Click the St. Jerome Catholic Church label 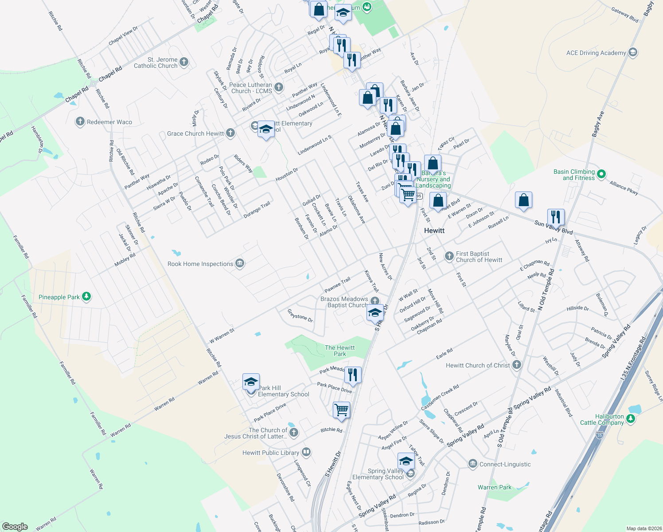156,63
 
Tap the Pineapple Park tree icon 86,297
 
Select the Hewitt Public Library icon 306,452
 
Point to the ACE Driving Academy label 596,53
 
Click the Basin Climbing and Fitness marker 601,174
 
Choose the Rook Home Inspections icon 240,264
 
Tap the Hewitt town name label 434,231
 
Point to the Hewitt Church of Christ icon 516,365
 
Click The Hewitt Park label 339,351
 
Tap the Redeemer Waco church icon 80,121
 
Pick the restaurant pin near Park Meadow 353,375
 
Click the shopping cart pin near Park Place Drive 341,410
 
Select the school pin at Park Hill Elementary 251,382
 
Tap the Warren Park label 494,487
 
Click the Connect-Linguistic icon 472,464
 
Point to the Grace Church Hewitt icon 230,133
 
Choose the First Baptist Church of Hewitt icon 449,256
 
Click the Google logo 15,526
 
